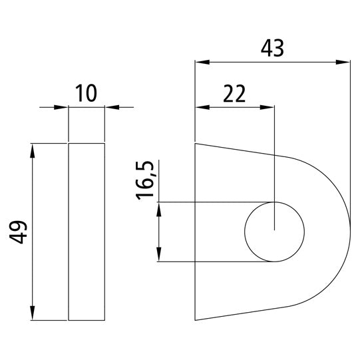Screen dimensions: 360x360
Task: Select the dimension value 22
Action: (x=234, y=94)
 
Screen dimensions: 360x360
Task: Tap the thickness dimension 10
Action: (x=87, y=94)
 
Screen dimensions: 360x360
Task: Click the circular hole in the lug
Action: (x=275, y=232)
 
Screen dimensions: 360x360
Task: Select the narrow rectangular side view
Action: (x=87, y=232)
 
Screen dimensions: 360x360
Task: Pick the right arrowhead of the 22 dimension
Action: (x=268, y=107)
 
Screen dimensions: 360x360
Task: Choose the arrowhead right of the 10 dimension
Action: (x=111, y=107)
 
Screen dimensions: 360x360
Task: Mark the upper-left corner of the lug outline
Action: (x=195, y=143)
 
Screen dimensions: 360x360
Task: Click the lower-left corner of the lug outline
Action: (x=195, y=320)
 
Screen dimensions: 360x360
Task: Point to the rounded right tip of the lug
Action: (x=349, y=232)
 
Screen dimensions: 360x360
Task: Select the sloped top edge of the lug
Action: (x=240, y=150)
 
